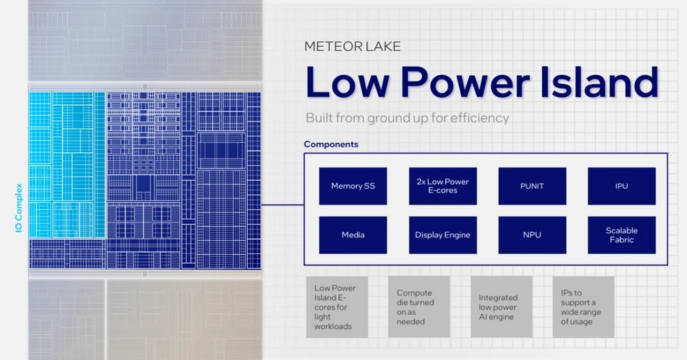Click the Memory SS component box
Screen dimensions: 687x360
tap(352, 186)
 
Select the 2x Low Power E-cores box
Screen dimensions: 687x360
tap(442, 186)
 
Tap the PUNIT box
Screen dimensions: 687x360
tap(532, 186)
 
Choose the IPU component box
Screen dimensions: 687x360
tap(622, 186)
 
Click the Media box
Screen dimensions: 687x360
tap(352, 235)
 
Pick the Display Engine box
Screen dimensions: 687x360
tap(442, 235)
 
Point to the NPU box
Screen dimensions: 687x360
tap(532, 235)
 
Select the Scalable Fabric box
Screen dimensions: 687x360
tap(622, 235)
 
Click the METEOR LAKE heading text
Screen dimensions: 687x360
tap(352, 47)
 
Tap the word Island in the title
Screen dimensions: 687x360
tap(599, 82)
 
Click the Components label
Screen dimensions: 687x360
tap(331, 144)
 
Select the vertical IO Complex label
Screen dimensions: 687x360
tap(19, 207)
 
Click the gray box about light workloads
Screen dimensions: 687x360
tap(337, 307)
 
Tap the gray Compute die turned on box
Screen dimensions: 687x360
tap(419, 307)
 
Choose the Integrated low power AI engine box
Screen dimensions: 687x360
tap(502, 307)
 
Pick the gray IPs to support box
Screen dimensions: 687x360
tap(583, 307)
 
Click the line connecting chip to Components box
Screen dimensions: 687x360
tap(282, 205)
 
